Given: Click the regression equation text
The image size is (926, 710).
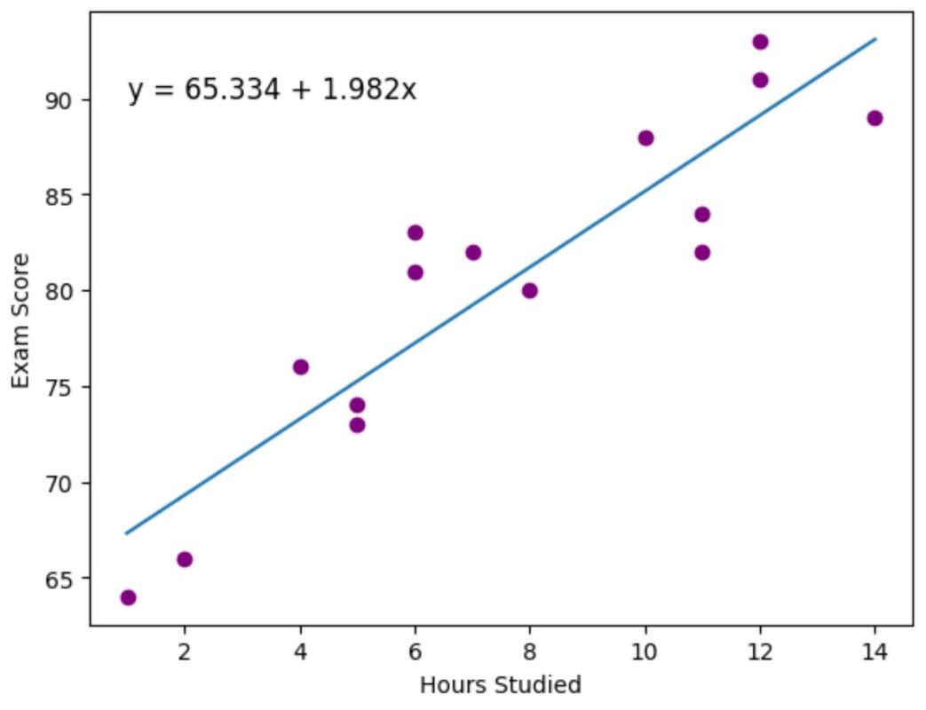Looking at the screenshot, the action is click(273, 91).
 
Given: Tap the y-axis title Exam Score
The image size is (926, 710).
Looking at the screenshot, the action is click(20, 321).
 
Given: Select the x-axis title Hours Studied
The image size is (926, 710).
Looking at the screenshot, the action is click(501, 685).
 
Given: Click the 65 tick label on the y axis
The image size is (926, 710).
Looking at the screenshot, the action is click(58, 580).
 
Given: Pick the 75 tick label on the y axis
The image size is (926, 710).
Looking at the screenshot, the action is click(58, 388).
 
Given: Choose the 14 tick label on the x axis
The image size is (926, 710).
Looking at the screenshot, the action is click(875, 652).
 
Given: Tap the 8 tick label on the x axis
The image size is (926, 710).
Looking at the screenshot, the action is click(530, 652).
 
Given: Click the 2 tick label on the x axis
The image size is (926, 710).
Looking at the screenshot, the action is click(185, 652).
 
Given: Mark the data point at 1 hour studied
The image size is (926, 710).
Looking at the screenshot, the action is click(128, 598).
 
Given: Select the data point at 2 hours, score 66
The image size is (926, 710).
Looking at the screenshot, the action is click(185, 559).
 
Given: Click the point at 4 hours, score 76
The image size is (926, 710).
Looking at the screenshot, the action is click(301, 367).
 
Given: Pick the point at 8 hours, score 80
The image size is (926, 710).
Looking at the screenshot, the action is click(530, 291).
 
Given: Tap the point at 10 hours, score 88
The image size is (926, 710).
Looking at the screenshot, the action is click(646, 138).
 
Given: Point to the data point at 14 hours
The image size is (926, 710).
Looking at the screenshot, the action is click(875, 118).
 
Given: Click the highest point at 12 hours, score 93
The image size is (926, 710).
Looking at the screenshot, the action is click(761, 42).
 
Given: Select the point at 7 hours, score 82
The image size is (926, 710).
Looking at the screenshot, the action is click(473, 253).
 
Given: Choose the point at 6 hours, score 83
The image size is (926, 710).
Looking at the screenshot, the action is click(416, 233).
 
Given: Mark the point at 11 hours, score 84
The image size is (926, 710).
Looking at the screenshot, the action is click(702, 214).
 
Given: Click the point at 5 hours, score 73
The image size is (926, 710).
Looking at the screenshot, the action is click(357, 425).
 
